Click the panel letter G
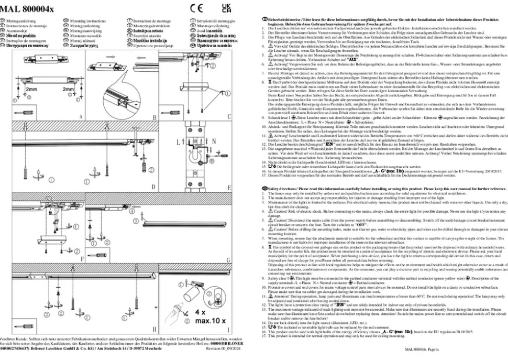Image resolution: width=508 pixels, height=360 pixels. [x=228, y=259]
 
